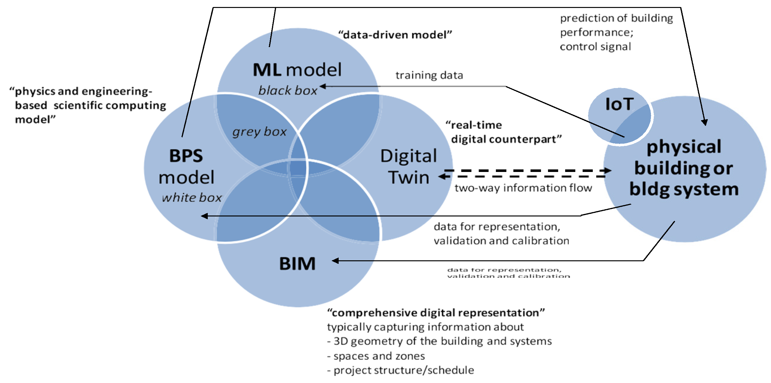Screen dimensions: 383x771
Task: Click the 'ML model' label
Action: click(x=297, y=70)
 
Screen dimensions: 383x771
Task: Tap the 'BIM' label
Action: click(x=297, y=264)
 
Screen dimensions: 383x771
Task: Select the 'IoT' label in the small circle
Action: click(x=619, y=104)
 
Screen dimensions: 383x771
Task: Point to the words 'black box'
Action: click(x=288, y=91)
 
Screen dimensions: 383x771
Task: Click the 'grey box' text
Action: click(x=259, y=132)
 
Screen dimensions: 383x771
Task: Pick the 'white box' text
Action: click(x=192, y=198)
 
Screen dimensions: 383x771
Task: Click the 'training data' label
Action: click(x=429, y=75)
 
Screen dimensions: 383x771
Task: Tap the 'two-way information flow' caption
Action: click(x=523, y=188)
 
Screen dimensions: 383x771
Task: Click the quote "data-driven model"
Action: click(x=395, y=35)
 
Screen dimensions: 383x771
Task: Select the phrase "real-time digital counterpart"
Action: click(x=504, y=132)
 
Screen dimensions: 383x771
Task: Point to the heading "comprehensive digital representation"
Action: click(x=436, y=313)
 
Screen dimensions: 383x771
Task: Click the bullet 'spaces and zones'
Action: click(x=376, y=356)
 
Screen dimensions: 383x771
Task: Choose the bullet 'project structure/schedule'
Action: click(x=401, y=370)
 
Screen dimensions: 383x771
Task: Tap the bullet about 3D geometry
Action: click(x=440, y=341)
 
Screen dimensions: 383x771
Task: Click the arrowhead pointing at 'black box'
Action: click(x=322, y=86)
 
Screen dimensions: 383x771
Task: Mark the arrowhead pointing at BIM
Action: click(x=335, y=261)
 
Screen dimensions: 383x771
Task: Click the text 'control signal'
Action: click(x=595, y=47)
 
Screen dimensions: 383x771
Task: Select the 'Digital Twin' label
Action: click(x=409, y=167)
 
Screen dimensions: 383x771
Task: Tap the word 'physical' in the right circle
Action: click(x=684, y=147)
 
